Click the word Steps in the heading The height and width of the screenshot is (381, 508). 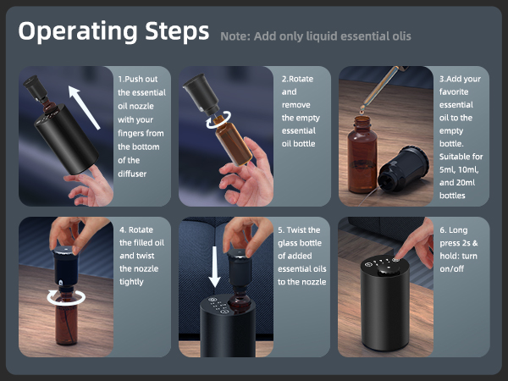(x=177, y=31)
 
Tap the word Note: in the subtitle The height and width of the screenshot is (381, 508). (x=235, y=36)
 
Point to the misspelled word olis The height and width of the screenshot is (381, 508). (x=400, y=36)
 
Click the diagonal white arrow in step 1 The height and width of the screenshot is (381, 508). (x=84, y=108)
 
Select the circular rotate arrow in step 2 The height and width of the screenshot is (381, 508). (x=219, y=120)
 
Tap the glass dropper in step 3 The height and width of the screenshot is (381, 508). (x=380, y=90)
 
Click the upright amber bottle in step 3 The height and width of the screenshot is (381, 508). (x=362, y=155)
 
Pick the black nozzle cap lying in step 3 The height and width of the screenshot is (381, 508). (x=403, y=169)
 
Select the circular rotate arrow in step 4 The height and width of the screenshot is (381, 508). (x=66, y=297)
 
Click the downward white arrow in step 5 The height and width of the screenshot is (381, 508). (x=214, y=267)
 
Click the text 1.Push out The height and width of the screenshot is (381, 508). (x=138, y=79)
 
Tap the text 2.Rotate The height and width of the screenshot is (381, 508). (x=297, y=79)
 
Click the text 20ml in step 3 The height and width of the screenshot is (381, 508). (x=465, y=183)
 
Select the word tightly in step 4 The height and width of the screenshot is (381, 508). (x=131, y=282)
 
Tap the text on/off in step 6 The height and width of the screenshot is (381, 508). (x=451, y=269)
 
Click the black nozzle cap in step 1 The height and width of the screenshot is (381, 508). (x=36, y=87)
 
